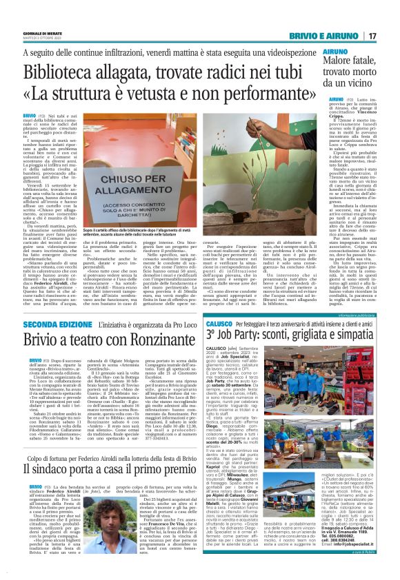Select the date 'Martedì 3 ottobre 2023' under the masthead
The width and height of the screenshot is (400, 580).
(39, 39)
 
